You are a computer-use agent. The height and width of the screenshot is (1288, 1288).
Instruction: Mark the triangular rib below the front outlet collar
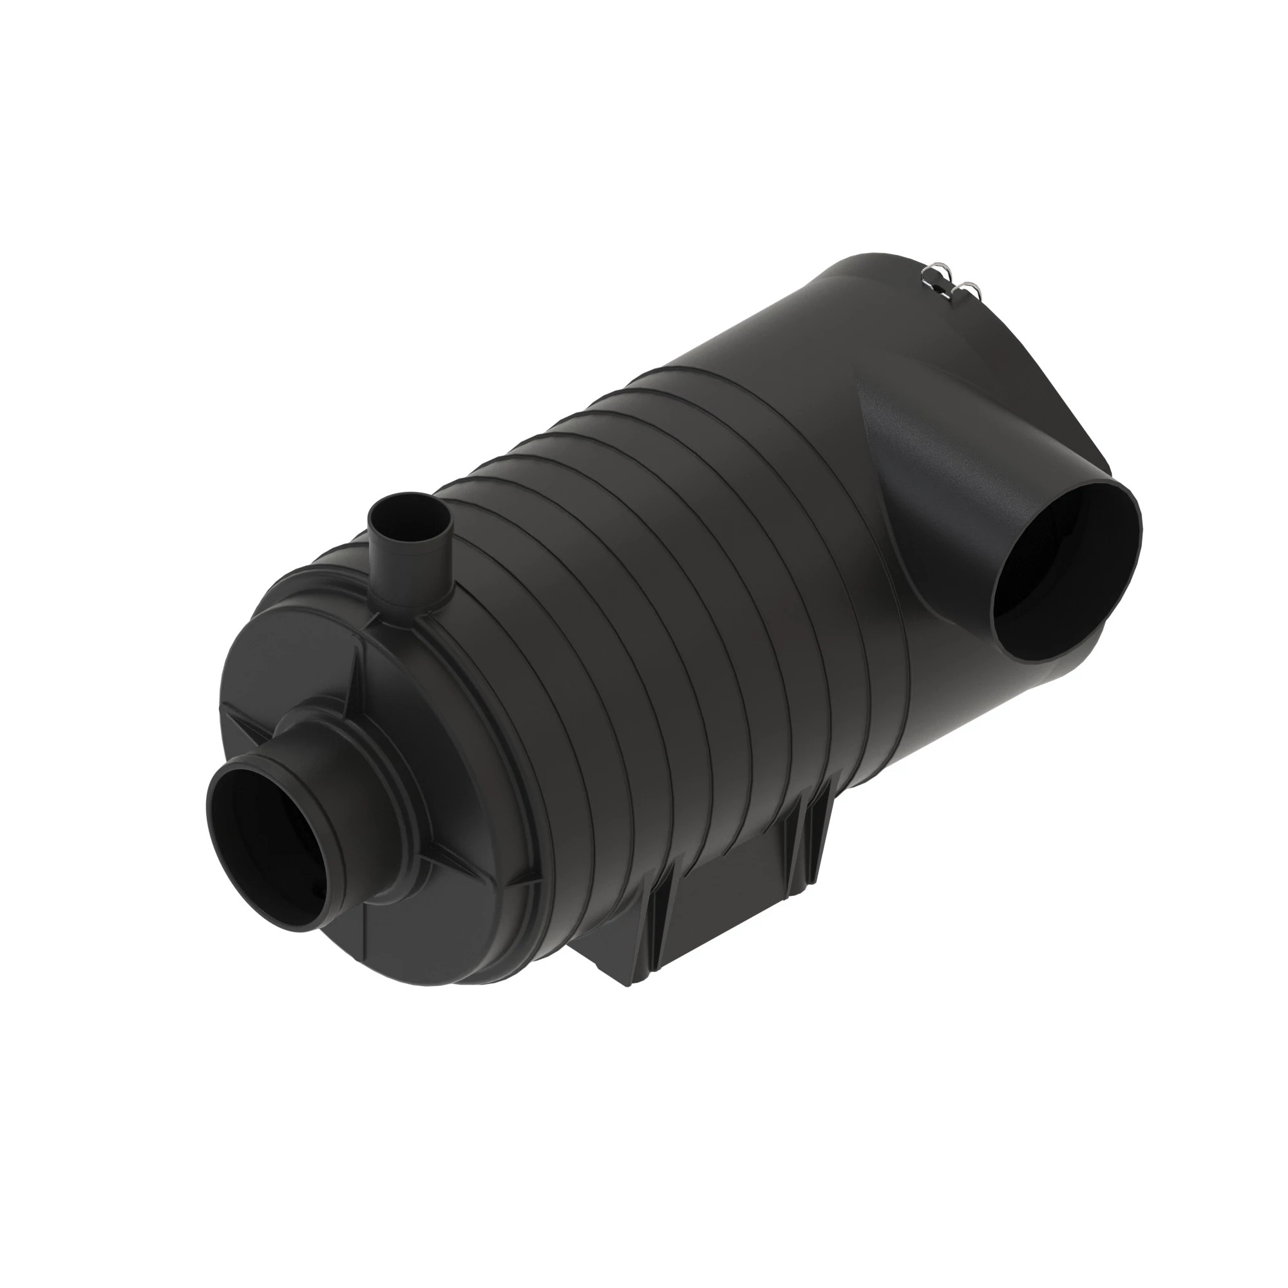(x=443, y=873)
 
